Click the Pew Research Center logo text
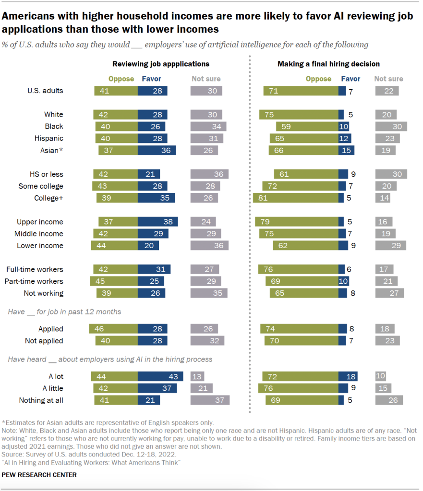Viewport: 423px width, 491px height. tap(39, 475)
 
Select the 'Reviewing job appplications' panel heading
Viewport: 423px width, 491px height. tap(161, 63)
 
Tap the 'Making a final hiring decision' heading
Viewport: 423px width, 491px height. tap(328, 63)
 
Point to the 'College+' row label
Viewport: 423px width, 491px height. tap(48, 198)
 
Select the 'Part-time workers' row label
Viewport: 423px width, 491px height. tap(34, 281)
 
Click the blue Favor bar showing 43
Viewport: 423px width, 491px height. tap(160, 376)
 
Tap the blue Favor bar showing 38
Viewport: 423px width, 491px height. tap(157, 222)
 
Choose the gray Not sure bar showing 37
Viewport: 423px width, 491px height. tap(210, 400)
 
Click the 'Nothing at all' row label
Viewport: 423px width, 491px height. tap(41, 400)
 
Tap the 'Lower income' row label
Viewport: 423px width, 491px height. tap(40, 245)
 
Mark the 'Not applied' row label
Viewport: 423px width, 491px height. tap(44, 341)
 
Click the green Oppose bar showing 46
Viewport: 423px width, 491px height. tap(113, 329)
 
